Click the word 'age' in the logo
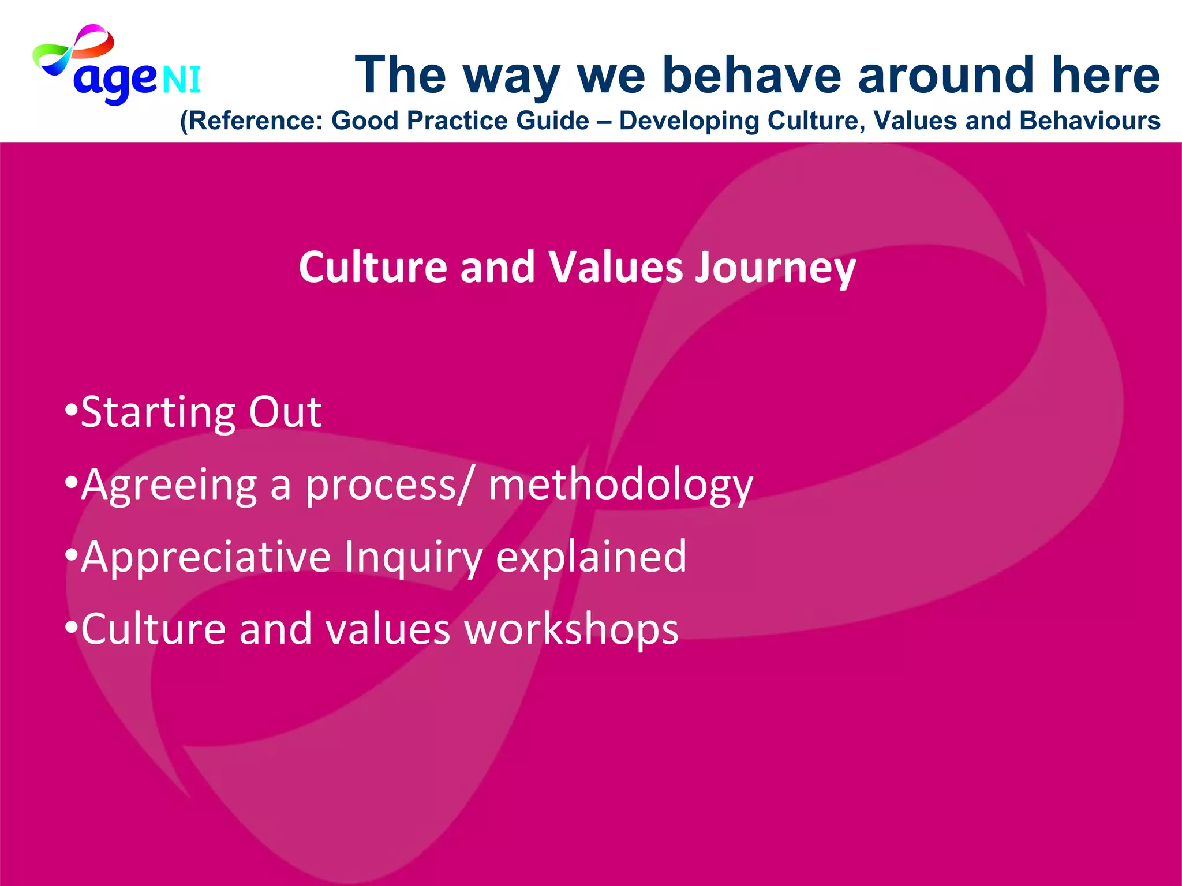click(114, 81)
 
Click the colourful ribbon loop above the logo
click(75, 49)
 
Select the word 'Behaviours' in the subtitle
click(1089, 121)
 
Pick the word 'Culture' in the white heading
click(373, 268)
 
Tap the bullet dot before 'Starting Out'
click(70, 411)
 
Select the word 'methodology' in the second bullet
click(620, 486)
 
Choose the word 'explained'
click(591, 557)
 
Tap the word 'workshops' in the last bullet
click(571, 629)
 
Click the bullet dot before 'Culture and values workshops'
click(70, 628)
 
